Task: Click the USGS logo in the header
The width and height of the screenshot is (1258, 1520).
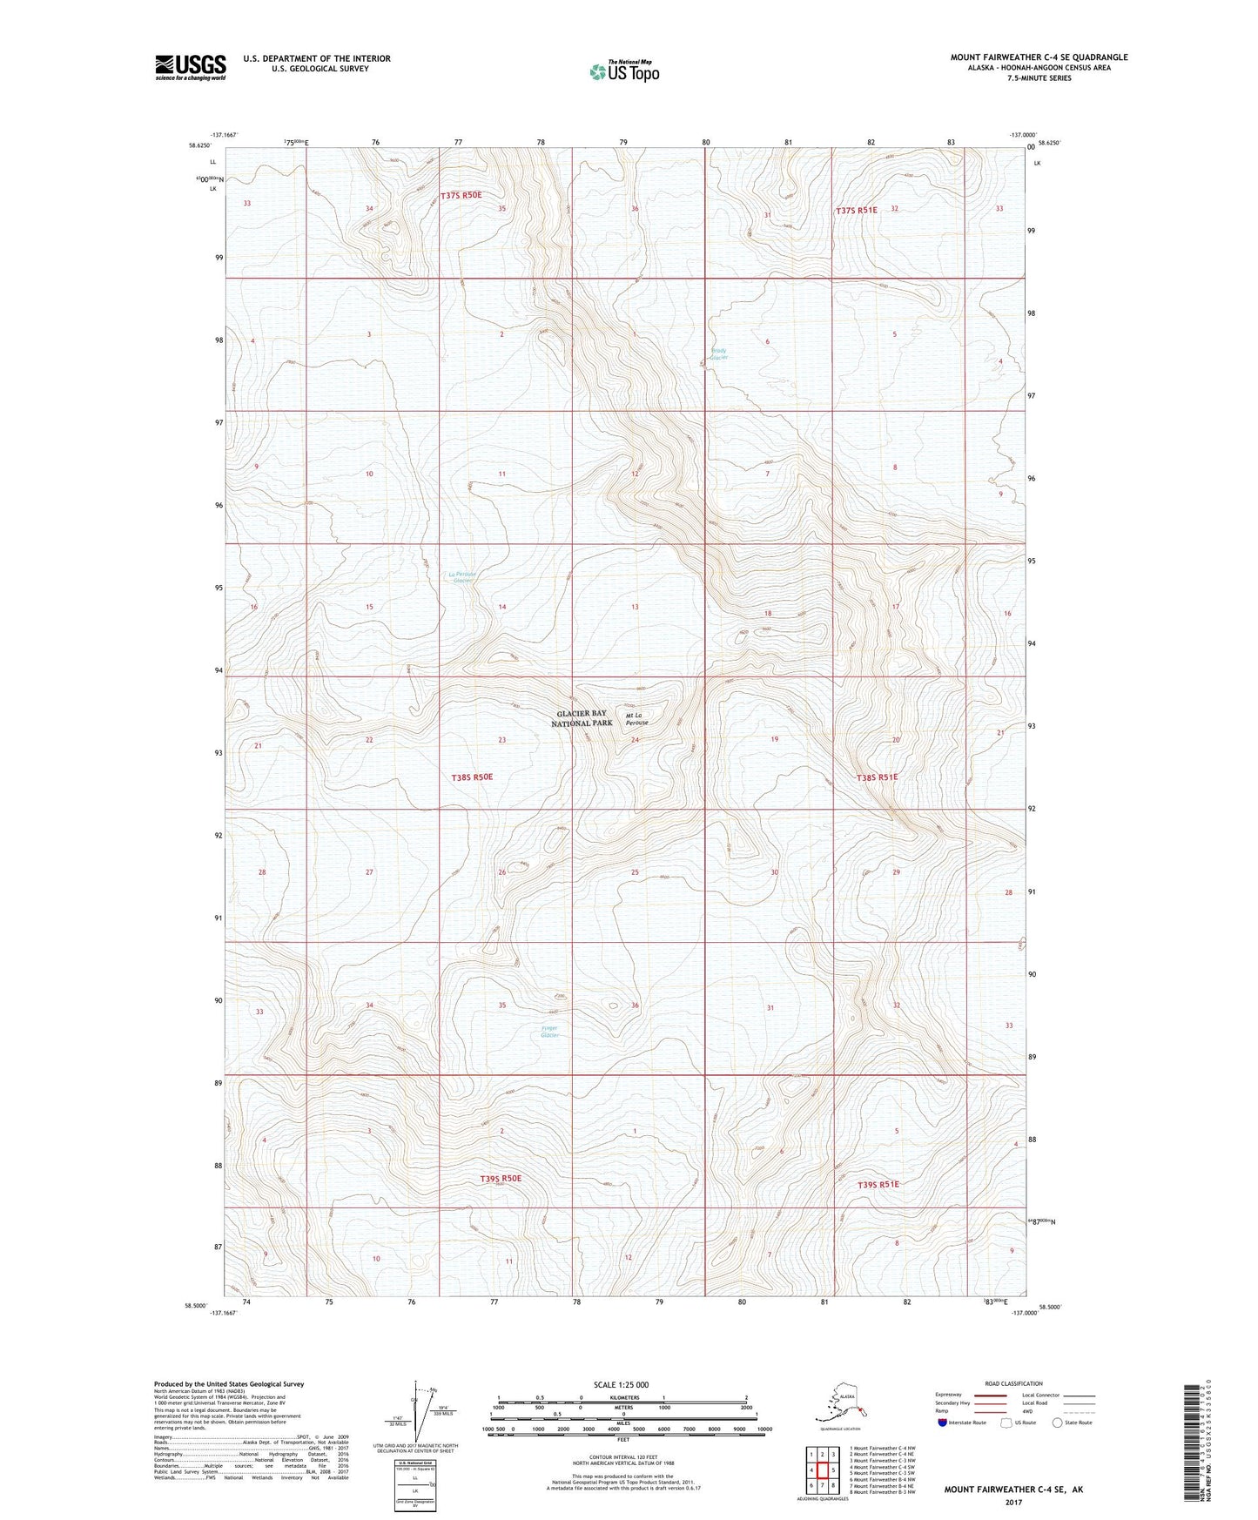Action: click(x=190, y=67)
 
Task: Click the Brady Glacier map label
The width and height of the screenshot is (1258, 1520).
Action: click(x=718, y=354)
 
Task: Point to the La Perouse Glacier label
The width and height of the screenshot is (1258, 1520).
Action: click(x=465, y=577)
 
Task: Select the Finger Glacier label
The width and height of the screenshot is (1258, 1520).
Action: click(x=549, y=1032)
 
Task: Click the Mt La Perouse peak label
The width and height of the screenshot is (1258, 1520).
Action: click(x=637, y=719)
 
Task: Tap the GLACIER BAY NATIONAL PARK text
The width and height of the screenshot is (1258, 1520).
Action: click(x=582, y=718)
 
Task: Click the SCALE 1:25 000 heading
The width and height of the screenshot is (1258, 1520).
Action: click(x=622, y=1385)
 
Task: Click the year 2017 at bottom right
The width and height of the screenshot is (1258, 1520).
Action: click(x=1012, y=1503)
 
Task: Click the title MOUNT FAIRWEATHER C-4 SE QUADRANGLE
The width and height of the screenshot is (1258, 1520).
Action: click(x=1039, y=57)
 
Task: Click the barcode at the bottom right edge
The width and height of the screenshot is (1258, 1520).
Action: click(x=1195, y=1445)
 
